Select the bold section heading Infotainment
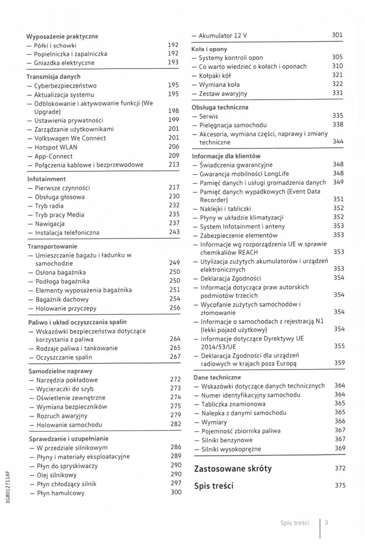pos(46,179)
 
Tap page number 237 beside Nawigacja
pos(174,224)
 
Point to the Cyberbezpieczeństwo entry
pos(65,86)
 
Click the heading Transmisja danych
pos(54,77)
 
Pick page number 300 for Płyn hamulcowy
pos(175,493)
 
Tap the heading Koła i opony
pos(210,49)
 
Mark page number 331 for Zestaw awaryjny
pos(337,93)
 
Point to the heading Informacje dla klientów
pos(226,156)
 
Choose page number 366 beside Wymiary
pos(339,422)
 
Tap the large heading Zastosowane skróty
pos(233,468)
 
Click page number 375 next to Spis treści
pos(340,485)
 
